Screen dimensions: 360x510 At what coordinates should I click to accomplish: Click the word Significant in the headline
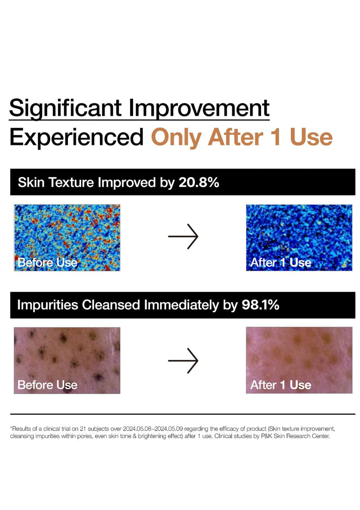[65, 108]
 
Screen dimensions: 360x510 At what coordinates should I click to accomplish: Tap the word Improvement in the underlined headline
[199, 108]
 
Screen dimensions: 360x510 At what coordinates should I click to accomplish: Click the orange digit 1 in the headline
[276, 137]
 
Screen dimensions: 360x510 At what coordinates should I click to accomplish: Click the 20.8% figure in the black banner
[199, 182]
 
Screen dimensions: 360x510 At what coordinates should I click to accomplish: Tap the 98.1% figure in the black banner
[260, 305]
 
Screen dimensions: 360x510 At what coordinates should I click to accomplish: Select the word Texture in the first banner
[71, 182]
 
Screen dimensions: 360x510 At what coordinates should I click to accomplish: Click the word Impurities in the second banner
[47, 305]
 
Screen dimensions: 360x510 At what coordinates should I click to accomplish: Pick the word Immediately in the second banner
[181, 305]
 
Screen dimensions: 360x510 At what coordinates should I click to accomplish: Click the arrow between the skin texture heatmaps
[183, 236]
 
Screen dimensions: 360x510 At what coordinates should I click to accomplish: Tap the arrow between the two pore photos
[183, 360]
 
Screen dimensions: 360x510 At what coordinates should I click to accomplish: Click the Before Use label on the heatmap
[47, 262]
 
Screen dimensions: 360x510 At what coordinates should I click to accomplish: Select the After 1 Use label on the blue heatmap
[281, 262]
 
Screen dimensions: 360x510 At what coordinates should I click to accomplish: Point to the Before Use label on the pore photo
[47, 385]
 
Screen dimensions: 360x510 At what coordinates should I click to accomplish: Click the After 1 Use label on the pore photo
[281, 385]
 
